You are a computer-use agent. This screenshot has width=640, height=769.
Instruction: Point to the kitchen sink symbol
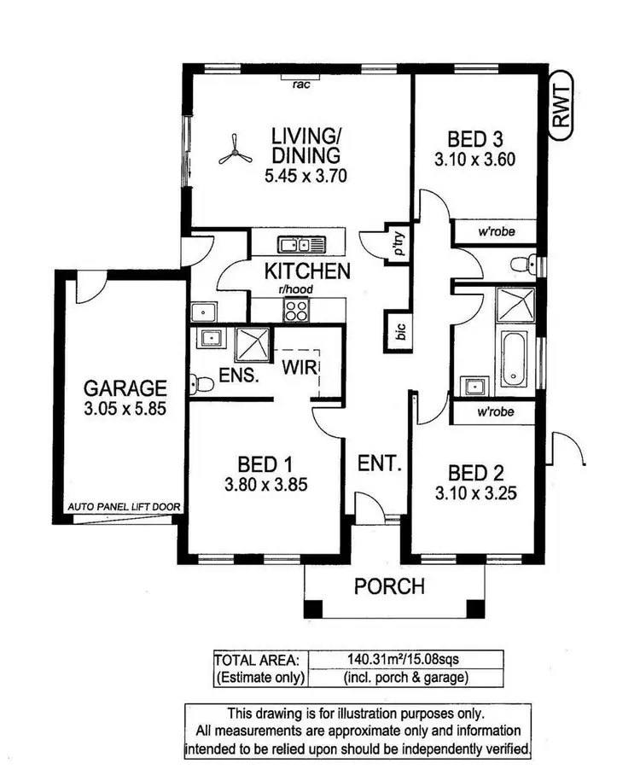click(300, 245)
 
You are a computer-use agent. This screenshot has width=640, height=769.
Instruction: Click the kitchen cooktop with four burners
click(297, 311)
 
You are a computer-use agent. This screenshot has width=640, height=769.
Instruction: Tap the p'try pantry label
click(398, 244)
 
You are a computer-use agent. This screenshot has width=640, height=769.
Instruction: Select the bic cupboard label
click(399, 330)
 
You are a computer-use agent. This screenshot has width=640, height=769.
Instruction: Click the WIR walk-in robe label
click(301, 367)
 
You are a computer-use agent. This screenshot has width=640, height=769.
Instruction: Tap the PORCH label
click(389, 586)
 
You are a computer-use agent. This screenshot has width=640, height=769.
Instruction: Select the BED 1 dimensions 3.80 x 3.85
click(265, 486)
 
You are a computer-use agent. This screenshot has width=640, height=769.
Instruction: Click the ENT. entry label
click(380, 464)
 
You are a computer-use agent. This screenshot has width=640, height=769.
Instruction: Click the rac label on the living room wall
click(300, 84)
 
